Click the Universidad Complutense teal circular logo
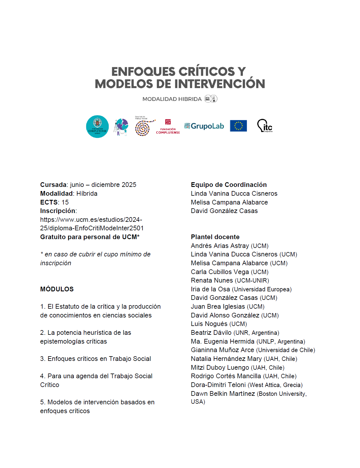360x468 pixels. tap(97, 126)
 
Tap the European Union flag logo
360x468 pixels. tap(238, 126)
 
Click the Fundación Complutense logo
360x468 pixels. tap(168, 127)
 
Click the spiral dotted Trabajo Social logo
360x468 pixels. tap(144, 127)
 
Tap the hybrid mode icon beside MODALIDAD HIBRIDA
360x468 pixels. tap(211, 99)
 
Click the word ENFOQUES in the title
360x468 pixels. tap(143, 72)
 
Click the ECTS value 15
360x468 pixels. tap(65, 202)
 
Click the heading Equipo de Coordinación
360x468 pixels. tap(229, 185)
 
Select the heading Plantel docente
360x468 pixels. tap(215, 237)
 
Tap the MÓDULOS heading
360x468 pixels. tap(57, 289)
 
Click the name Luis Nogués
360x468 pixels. tap(209, 324)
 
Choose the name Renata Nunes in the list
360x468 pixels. tap(212, 281)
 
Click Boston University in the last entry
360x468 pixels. tap(282, 394)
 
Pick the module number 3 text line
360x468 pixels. tap(95, 359)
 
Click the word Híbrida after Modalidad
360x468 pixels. tap(87, 193)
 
